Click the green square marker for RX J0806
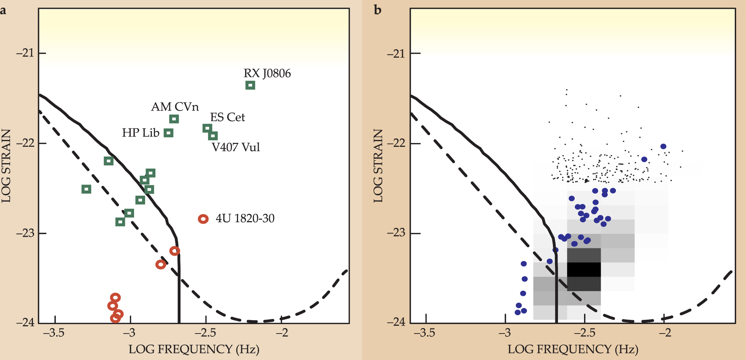point(250,85)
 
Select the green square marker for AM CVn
point(174,119)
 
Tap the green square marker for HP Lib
point(168,133)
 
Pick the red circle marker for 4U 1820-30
point(203,219)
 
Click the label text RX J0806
point(267,73)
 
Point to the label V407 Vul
point(236,147)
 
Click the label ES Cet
point(228,117)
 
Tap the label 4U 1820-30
point(245,218)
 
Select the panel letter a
point(3,10)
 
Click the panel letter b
point(378,10)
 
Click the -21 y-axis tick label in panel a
point(24,53)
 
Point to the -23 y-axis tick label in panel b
point(396,233)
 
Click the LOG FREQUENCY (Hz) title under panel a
point(194,349)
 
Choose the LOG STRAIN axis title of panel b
point(378,166)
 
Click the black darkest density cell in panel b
point(584,269)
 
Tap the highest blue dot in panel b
point(663,146)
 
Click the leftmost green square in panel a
point(86,189)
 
